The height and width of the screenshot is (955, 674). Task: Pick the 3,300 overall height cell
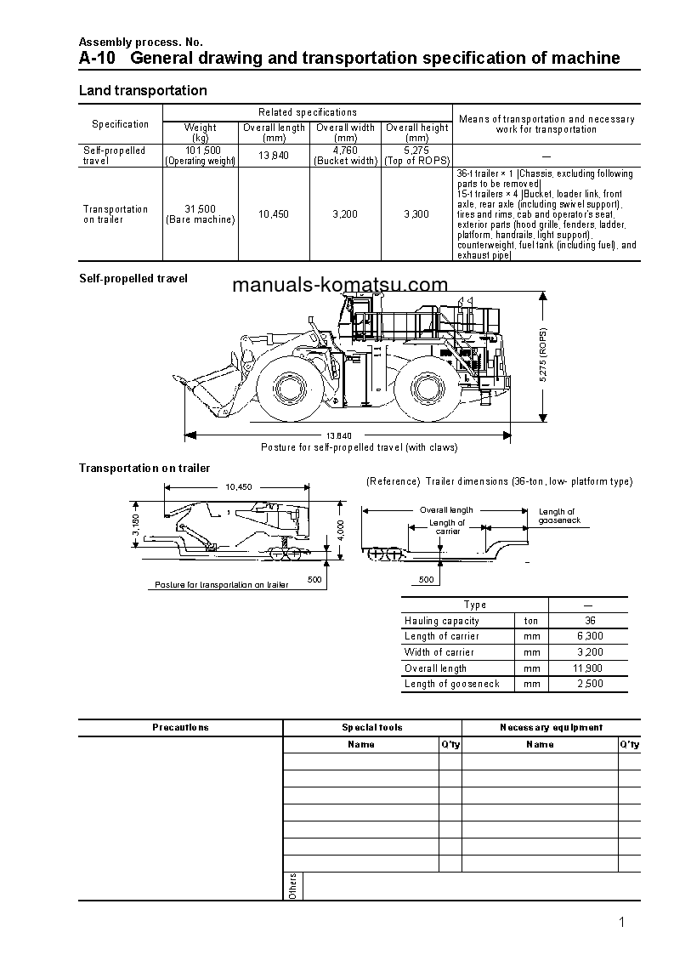[x=416, y=214]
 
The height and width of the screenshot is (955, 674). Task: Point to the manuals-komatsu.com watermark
[x=339, y=286]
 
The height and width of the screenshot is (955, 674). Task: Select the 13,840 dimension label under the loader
[x=338, y=436]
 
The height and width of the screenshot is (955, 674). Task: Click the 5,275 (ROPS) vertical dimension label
[x=543, y=355]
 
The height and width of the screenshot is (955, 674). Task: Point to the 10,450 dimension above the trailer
[x=239, y=487]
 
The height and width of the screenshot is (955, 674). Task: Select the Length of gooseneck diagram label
[x=558, y=516]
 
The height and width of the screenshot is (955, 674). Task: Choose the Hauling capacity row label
[x=441, y=621]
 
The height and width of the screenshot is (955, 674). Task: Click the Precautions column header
[x=180, y=727]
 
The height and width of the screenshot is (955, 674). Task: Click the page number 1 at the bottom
[x=622, y=923]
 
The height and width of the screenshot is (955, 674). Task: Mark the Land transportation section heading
[x=143, y=90]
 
